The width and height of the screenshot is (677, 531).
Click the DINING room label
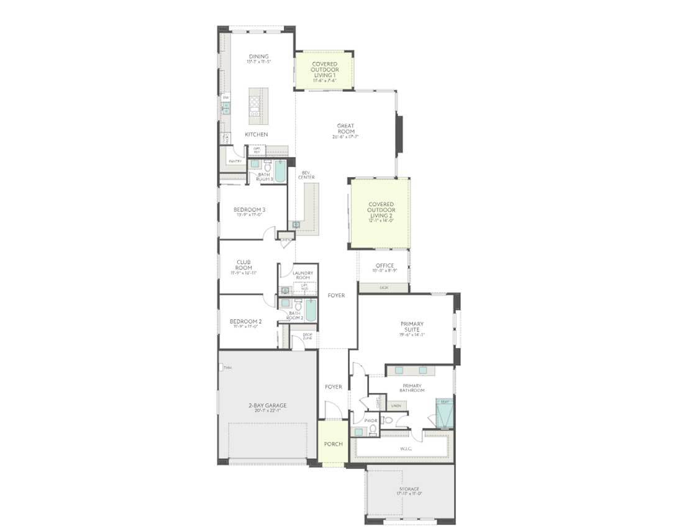(x=258, y=57)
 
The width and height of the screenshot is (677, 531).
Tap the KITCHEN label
(x=256, y=135)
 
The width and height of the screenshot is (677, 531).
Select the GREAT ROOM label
(x=345, y=129)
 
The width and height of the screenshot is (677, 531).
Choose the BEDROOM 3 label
(x=250, y=210)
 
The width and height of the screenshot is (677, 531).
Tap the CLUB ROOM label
(x=243, y=265)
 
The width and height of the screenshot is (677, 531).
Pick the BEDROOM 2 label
(x=245, y=322)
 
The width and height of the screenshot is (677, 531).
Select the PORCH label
(x=333, y=444)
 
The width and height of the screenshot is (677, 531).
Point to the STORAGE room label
(x=410, y=490)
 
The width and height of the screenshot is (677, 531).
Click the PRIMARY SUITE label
(x=412, y=327)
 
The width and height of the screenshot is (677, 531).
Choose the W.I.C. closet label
(x=406, y=447)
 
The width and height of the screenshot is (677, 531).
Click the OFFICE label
(x=384, y=266)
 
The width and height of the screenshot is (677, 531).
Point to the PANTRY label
(x=235, y=161)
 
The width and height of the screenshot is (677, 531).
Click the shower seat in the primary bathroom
(x=445, y=402)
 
